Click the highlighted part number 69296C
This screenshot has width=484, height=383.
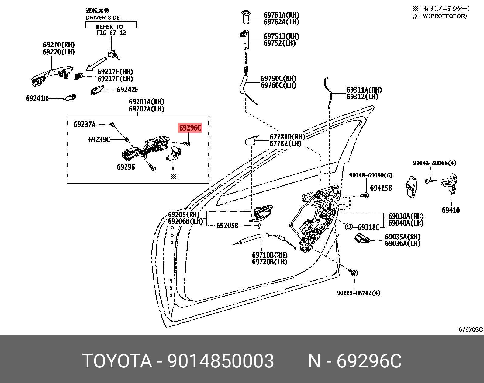[190, 128]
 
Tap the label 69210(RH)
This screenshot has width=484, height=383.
[59, 45]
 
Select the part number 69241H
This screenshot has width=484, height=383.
[37, 98]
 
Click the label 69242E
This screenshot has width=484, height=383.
[127, 90]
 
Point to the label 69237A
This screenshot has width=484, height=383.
[85, 124]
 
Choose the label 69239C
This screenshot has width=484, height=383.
[99, 139]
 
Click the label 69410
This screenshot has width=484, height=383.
[451, 210]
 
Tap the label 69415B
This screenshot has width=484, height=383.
[381, 188]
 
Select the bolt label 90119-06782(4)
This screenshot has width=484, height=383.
[358, 293]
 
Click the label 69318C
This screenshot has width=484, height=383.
[368, 227]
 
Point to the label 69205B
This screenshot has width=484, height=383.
[227, 226]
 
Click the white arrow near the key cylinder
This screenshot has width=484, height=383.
[95, 64]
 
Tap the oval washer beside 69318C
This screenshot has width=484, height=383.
[349, 227]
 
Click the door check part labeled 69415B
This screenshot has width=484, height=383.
[411, 187]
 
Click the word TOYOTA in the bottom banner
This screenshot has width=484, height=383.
[117, 361]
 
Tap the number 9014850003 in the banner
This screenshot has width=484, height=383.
[221, 361]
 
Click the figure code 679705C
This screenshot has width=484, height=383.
[470, 329]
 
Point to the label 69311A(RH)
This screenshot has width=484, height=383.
[364, 90]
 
